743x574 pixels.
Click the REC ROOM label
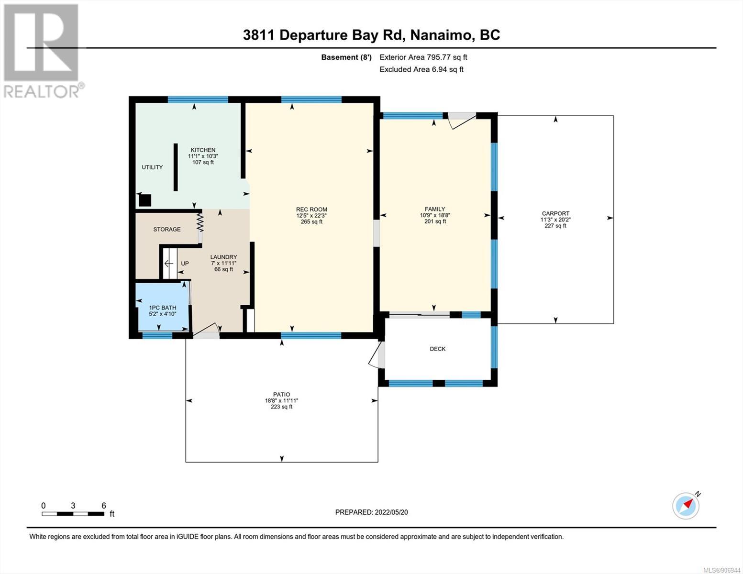pos(311,209)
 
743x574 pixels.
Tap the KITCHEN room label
pos(203,150)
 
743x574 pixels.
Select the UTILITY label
pos(152,167)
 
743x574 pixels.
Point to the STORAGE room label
pos(167,230)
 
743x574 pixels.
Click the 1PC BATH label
pos(162,308)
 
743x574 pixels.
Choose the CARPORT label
pos(555,213)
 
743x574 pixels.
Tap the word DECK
pos(438,349)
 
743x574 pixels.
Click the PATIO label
pos(281,394)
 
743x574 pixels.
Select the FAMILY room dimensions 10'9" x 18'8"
pos(435,215)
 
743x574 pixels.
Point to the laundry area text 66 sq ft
pos(223,269)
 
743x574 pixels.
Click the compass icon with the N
pos(687,505)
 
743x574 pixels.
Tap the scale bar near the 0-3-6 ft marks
pos(73,514)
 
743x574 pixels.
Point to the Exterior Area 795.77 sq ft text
pos(423,57)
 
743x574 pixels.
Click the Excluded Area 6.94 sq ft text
pos(421,69)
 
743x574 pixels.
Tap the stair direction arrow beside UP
pos(168,264)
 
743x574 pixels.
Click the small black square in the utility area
pos(145,200)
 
